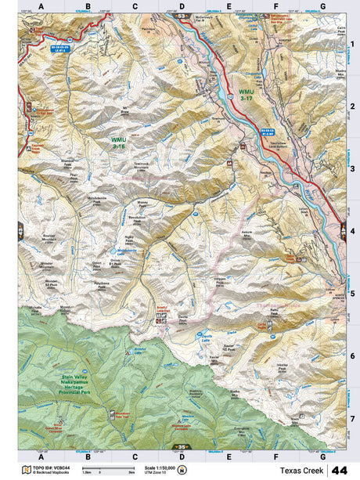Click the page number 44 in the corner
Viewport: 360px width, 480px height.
click(340, 470)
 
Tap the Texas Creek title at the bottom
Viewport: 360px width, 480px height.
click(301, 470)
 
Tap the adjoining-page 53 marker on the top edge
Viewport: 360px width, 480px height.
click(182, 16)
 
